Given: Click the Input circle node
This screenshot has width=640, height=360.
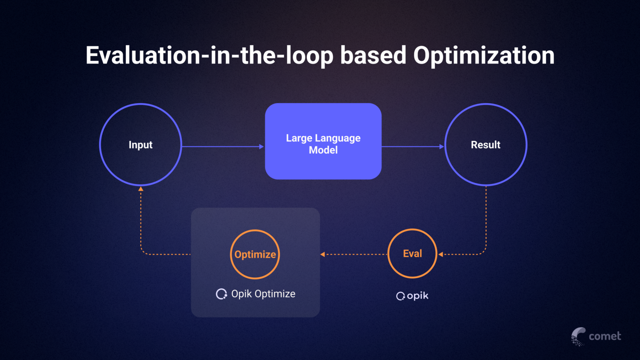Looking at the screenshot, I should (x=140, y=145).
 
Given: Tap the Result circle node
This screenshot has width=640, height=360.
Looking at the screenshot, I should (x=486, y=145).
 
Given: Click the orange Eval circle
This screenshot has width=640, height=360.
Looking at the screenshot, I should (x=412, y=253).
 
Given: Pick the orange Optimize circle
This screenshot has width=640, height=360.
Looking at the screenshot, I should (x=255, y=254).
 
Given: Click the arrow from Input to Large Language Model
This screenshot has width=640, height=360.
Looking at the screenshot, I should (x=222, y=146).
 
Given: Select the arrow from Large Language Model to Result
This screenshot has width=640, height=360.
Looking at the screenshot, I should (x=412, y=146).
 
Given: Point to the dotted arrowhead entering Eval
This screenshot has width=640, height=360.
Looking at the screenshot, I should (x=441, y=254).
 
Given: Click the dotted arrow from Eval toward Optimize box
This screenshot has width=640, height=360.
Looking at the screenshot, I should (x=354, y=254).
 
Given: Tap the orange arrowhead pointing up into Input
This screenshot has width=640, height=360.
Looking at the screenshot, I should (x=141, y=189).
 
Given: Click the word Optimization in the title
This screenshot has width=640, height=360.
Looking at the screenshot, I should (x=483, y=55).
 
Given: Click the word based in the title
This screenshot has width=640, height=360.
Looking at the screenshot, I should (x=373, y=55).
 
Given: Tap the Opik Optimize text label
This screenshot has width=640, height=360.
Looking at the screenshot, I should (x=263, y=294).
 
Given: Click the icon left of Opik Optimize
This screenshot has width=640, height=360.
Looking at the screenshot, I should (x=221, y=294).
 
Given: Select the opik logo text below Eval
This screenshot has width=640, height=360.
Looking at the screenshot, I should (x=417, y=296).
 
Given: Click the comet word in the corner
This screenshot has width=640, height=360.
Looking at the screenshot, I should (x=605, y=336).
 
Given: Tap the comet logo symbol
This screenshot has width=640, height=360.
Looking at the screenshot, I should (x=578, y=336).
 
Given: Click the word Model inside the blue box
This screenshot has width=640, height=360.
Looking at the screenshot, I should (x=323, y=150).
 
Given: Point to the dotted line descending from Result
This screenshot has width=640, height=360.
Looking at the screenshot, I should (x=486, y=218).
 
